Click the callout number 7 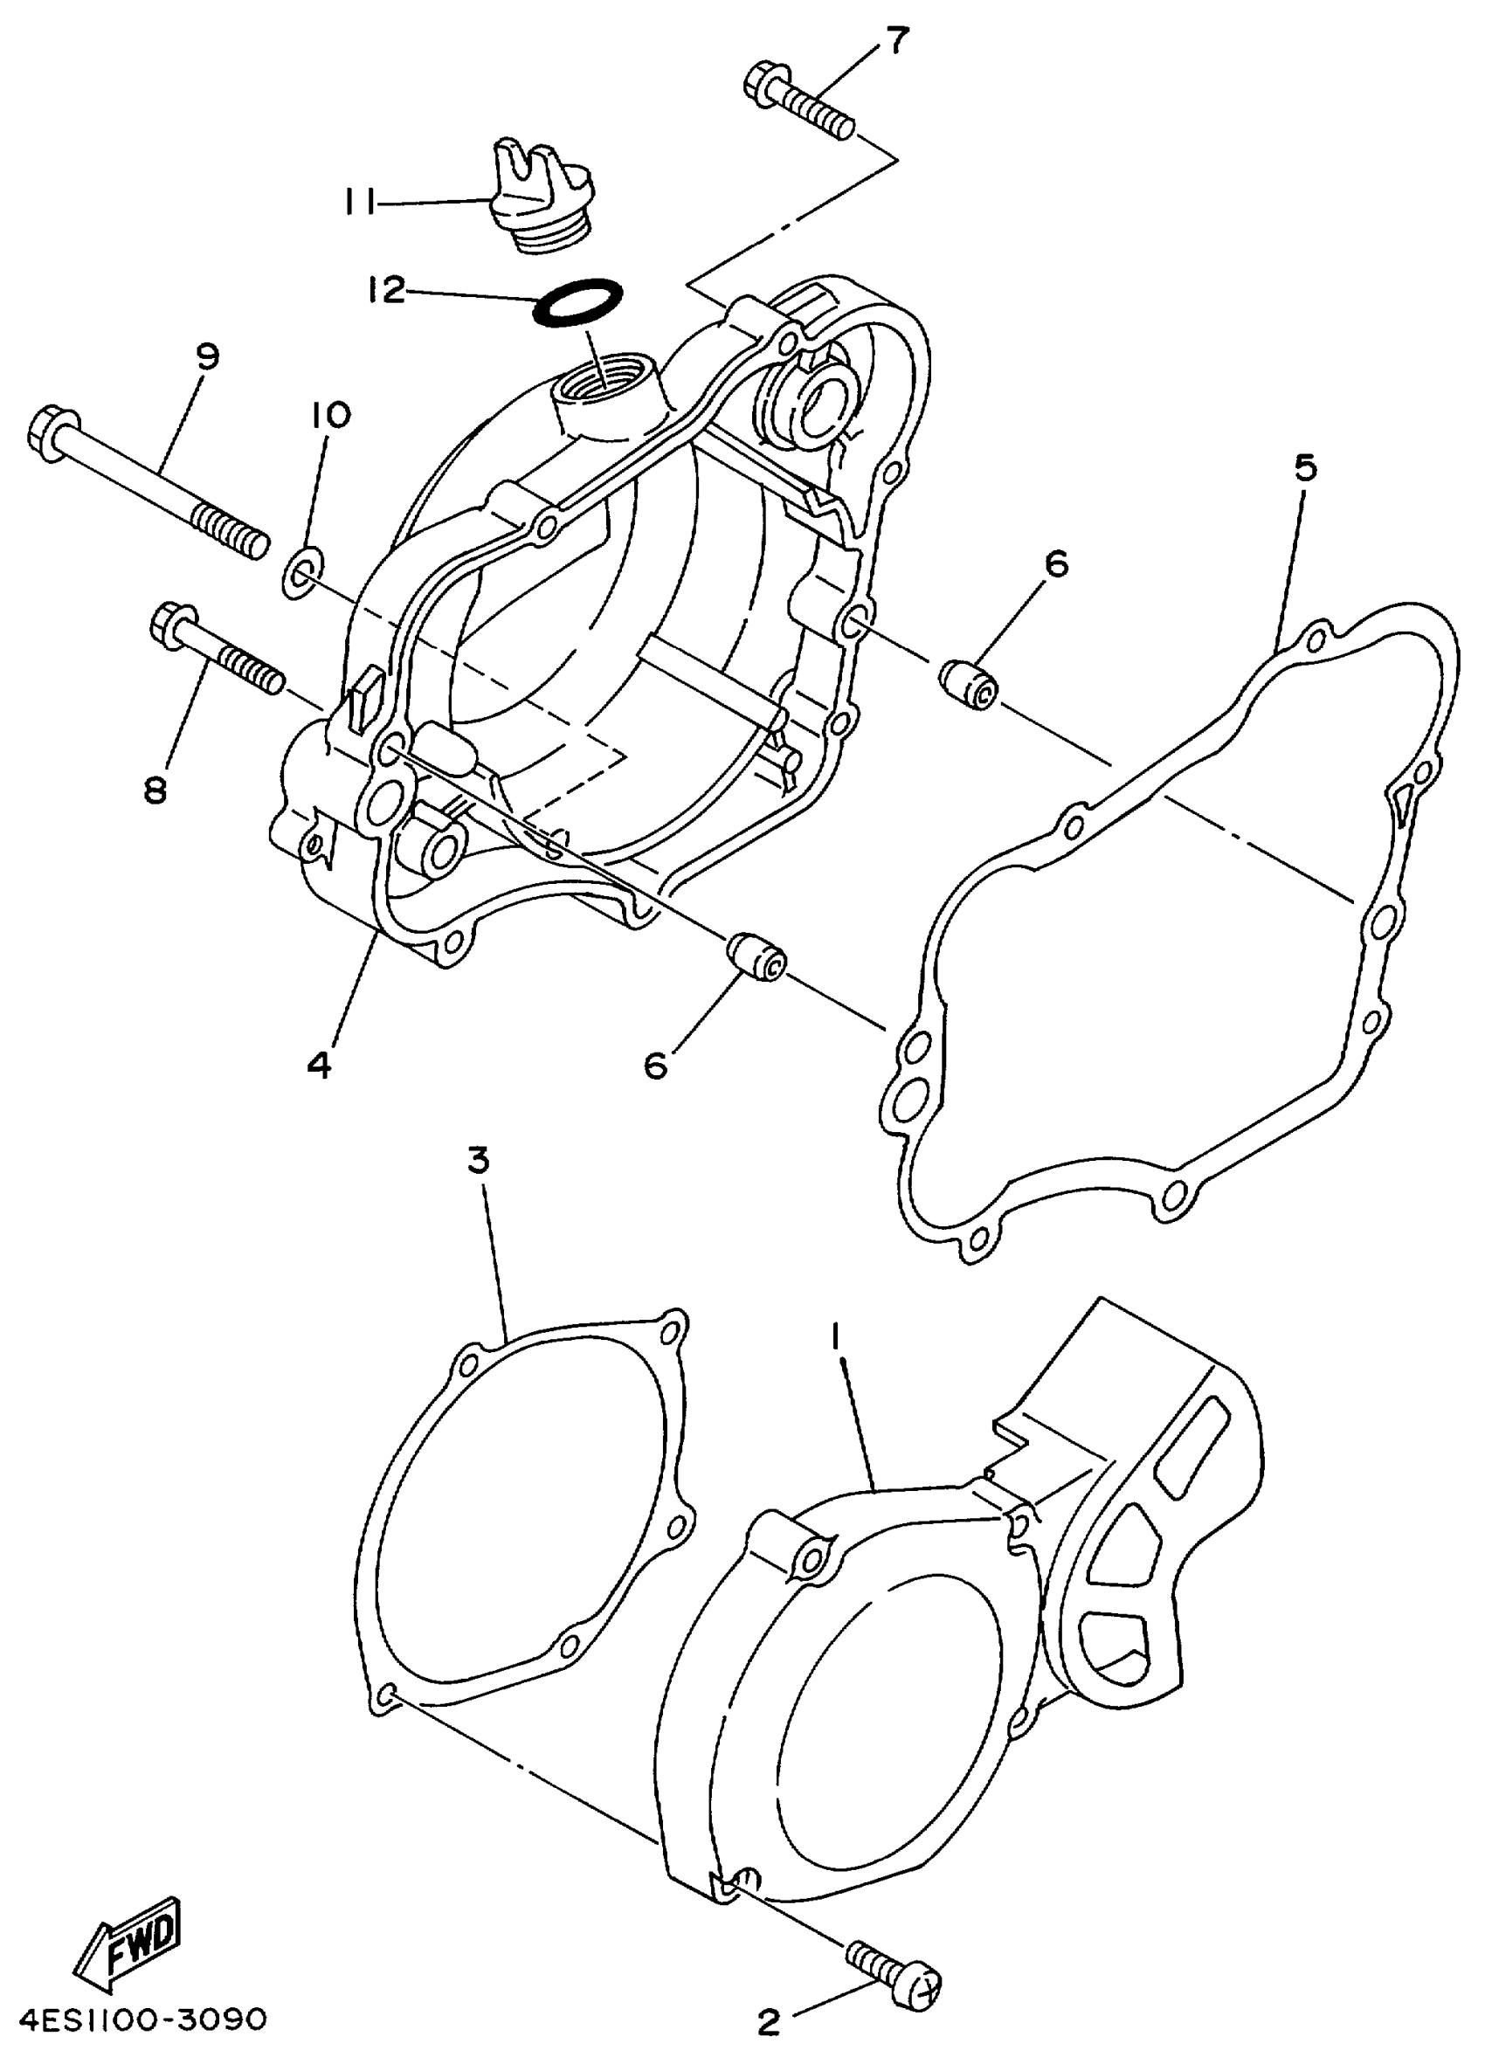tap(895, 42)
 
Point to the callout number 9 tap(208, 356)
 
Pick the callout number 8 tap(155, 790)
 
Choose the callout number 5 tap(1304, 468)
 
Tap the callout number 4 tap(320, 1065)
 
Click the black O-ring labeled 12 tap(578, 302)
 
